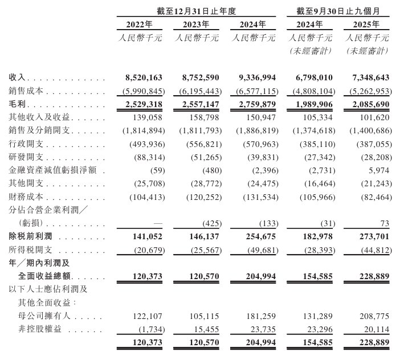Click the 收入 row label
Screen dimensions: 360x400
[17, 76]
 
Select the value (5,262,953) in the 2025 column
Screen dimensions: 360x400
[368, 91]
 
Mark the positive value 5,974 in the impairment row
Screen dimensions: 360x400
[377, 170]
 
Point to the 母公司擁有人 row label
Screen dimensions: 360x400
[40, 315]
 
